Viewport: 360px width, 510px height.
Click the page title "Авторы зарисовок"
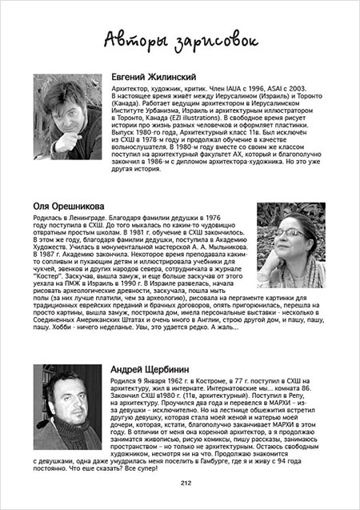coord(180,38)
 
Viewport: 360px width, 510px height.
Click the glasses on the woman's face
coord(292,235)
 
